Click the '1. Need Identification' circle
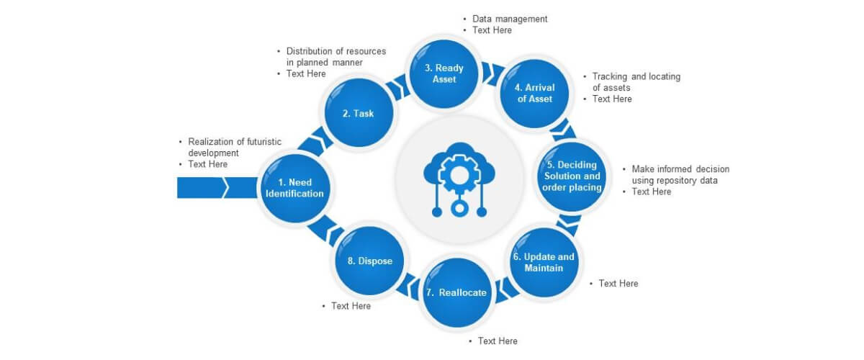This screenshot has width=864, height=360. coord(294,188)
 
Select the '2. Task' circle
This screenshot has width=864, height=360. coord(358,114)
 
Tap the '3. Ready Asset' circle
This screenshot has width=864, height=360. coord(444,73)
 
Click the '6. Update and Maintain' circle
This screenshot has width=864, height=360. coord(544,263)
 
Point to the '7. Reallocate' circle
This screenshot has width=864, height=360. coord(456,292)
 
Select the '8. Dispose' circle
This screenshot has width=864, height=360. coord(369,261)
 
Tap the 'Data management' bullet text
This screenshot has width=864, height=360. coord(510,19)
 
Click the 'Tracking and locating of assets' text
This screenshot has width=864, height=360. coord(635,82)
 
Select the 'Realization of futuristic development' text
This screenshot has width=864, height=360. coord(234,147)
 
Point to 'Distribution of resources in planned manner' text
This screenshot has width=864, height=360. coord(336,57)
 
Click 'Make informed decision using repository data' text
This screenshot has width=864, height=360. coord(680,175)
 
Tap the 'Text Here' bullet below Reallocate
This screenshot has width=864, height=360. coord(497,341)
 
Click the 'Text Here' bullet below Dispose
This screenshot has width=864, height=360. coord(351,306)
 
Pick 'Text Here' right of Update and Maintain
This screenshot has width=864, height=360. coord(618,284)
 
